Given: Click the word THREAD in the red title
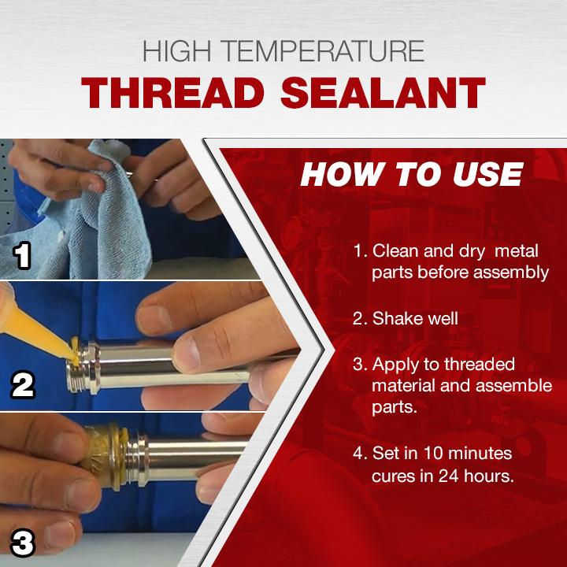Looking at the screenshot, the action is coord(172,93).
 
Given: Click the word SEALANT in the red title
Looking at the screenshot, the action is coord(383,93).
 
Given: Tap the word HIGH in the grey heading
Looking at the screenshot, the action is coord(177,51).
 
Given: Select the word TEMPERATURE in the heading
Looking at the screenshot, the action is coord(323,51).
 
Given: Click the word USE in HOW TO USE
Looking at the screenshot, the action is coord(487,174).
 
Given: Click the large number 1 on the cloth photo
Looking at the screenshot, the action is coord(22,256).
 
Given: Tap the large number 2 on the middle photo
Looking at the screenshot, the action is coord(22,385).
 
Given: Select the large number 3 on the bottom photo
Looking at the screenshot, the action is coord(22,543).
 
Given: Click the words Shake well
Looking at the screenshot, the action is coord(415,319).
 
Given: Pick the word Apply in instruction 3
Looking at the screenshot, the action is coord(395,365).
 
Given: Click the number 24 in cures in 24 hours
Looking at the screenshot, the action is coord(450,476).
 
